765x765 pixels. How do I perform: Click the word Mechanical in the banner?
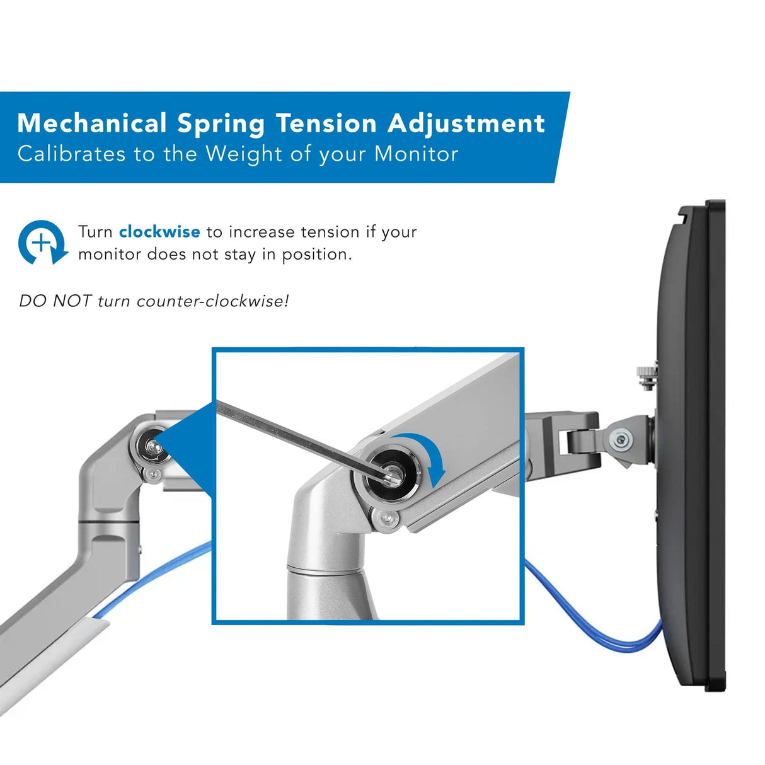pos(92,123)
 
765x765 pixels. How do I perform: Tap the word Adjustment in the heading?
pos(466,123)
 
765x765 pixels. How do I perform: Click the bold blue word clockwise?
pos(159,232)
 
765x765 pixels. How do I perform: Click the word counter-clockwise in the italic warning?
pos(212,301)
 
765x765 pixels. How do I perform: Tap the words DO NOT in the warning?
pos(55,301)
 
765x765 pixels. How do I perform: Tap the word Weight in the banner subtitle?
pos(244,154)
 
